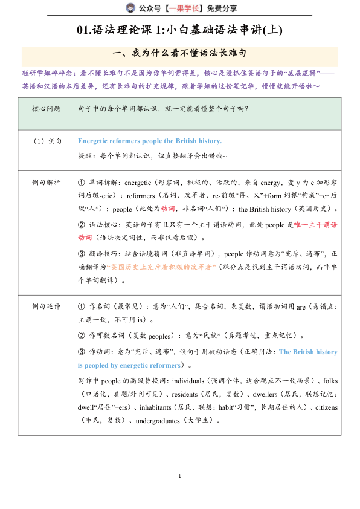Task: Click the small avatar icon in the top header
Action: point(130,8)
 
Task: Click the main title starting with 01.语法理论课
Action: point(180,30)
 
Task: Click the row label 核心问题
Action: point(47,109)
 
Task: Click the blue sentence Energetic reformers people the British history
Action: point(150,141)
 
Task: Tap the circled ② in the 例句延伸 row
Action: point(82,335)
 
